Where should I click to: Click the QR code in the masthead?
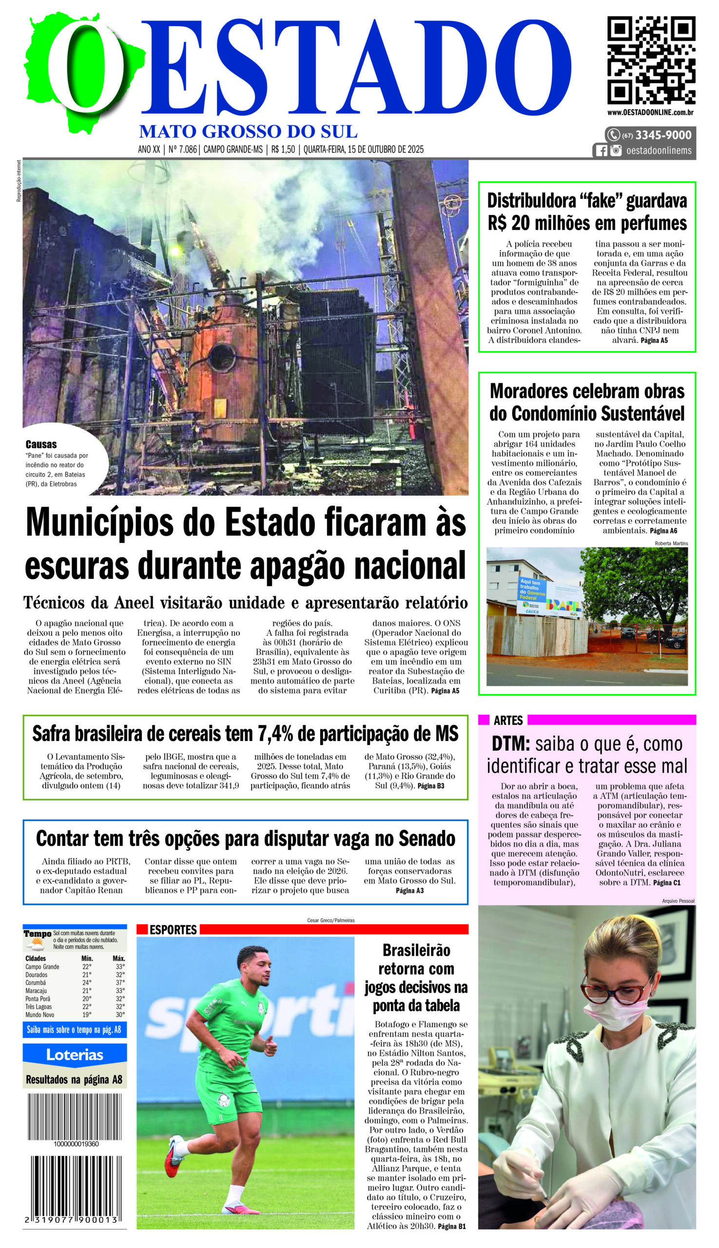pos(651,60)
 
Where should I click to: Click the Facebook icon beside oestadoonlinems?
pos(602,151)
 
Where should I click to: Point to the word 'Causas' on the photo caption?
pos(41,445)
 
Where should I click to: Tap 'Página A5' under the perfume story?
pos(654,340)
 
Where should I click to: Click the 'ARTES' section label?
pos(508,720)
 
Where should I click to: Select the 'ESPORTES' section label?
pos(173,930)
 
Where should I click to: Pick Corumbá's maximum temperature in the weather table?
pos(119,983)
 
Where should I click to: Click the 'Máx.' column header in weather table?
pos(118,958)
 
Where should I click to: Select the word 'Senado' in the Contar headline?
pos(426,838)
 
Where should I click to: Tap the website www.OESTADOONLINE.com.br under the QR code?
pos(651,113)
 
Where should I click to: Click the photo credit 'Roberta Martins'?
pos(671,543)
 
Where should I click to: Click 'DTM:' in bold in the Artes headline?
pos(510,744)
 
